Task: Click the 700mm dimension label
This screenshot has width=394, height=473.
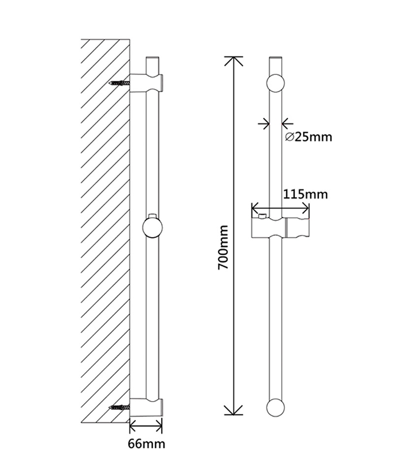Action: (224, 247)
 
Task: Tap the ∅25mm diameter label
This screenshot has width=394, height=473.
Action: (308, 137)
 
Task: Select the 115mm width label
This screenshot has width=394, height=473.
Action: (305, 194)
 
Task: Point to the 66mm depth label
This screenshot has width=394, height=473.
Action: (146, 444)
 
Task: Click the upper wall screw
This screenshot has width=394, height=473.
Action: (120, 83)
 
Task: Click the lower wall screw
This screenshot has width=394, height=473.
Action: (120, 407)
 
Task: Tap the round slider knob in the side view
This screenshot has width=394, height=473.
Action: (153, 228)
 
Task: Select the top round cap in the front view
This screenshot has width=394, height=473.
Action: (275, 83)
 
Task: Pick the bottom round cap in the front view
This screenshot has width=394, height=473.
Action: (275, 407)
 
